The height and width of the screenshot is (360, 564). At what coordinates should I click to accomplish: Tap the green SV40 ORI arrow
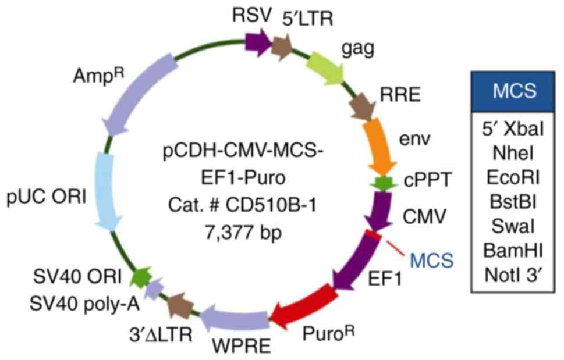click(x=140, y=274)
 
